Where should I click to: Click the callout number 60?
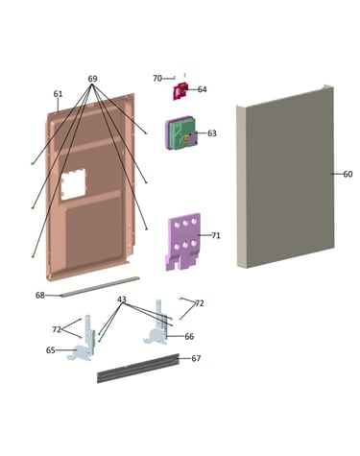[348, 174]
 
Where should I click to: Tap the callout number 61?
[58, 94]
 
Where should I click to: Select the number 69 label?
[92, 79]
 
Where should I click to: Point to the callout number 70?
[157, 79]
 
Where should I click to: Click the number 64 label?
[202, 89]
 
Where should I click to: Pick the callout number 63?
[212, 133]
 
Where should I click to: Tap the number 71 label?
[216, 236]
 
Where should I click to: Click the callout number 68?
[40, 295]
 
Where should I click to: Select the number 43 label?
[122, 300]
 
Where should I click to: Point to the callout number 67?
[196, 358]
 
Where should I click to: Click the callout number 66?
[189, 337]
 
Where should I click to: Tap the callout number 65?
[51, 350]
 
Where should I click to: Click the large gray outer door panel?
[286, 177]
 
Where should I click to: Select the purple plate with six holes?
[183, 242]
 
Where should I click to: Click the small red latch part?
[180, 91]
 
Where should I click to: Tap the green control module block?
[180, 133]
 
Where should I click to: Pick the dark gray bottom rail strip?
[138, 368]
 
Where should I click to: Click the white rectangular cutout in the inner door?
[74, 184]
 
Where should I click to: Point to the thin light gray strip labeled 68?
[100, 287]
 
